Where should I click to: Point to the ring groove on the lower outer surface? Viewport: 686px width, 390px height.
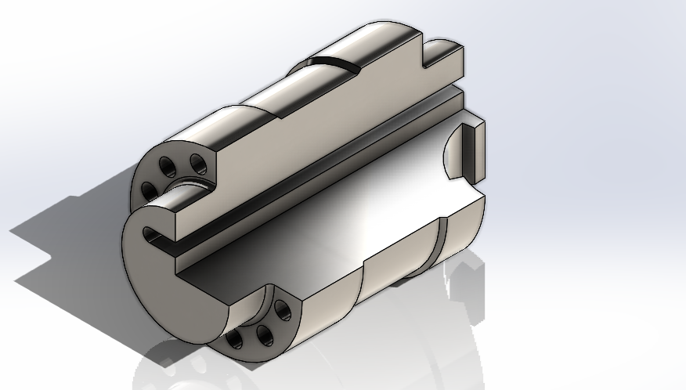[x=437, y=243]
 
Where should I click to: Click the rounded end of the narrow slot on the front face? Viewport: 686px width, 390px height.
[x=148, y=233]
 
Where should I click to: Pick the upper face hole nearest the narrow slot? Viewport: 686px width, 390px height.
[x=147, y=189]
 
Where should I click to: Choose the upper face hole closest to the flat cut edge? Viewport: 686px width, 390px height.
[x=199, y=164]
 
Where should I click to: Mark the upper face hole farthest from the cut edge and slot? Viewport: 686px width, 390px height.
[x=167, y=165]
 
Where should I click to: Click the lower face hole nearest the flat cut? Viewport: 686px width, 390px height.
[x=283, y=312]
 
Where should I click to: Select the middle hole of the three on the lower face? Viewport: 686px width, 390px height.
[x=262, y=334]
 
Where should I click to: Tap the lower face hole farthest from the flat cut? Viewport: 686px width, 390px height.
[x=234, y=339]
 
